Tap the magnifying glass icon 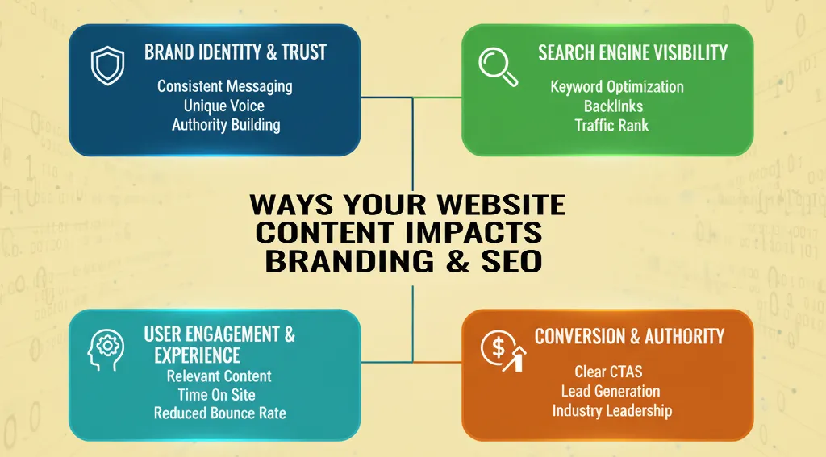click(498, 64)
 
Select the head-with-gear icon click(105, 351)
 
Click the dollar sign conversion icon click(500, 351)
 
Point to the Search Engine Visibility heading click(632, 53)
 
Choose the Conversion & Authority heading click(629, 336)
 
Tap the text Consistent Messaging click(225, 85)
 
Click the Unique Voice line click(223, 105)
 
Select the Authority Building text click(226, 124)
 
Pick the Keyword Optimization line click(617, 86)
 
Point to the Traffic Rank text click(611, 125)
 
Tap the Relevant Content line click(219, 376)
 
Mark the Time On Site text click(216, 394)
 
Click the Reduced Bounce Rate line click(219, 413)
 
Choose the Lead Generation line click(611, 391)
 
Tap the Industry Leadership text click(611, 410)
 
